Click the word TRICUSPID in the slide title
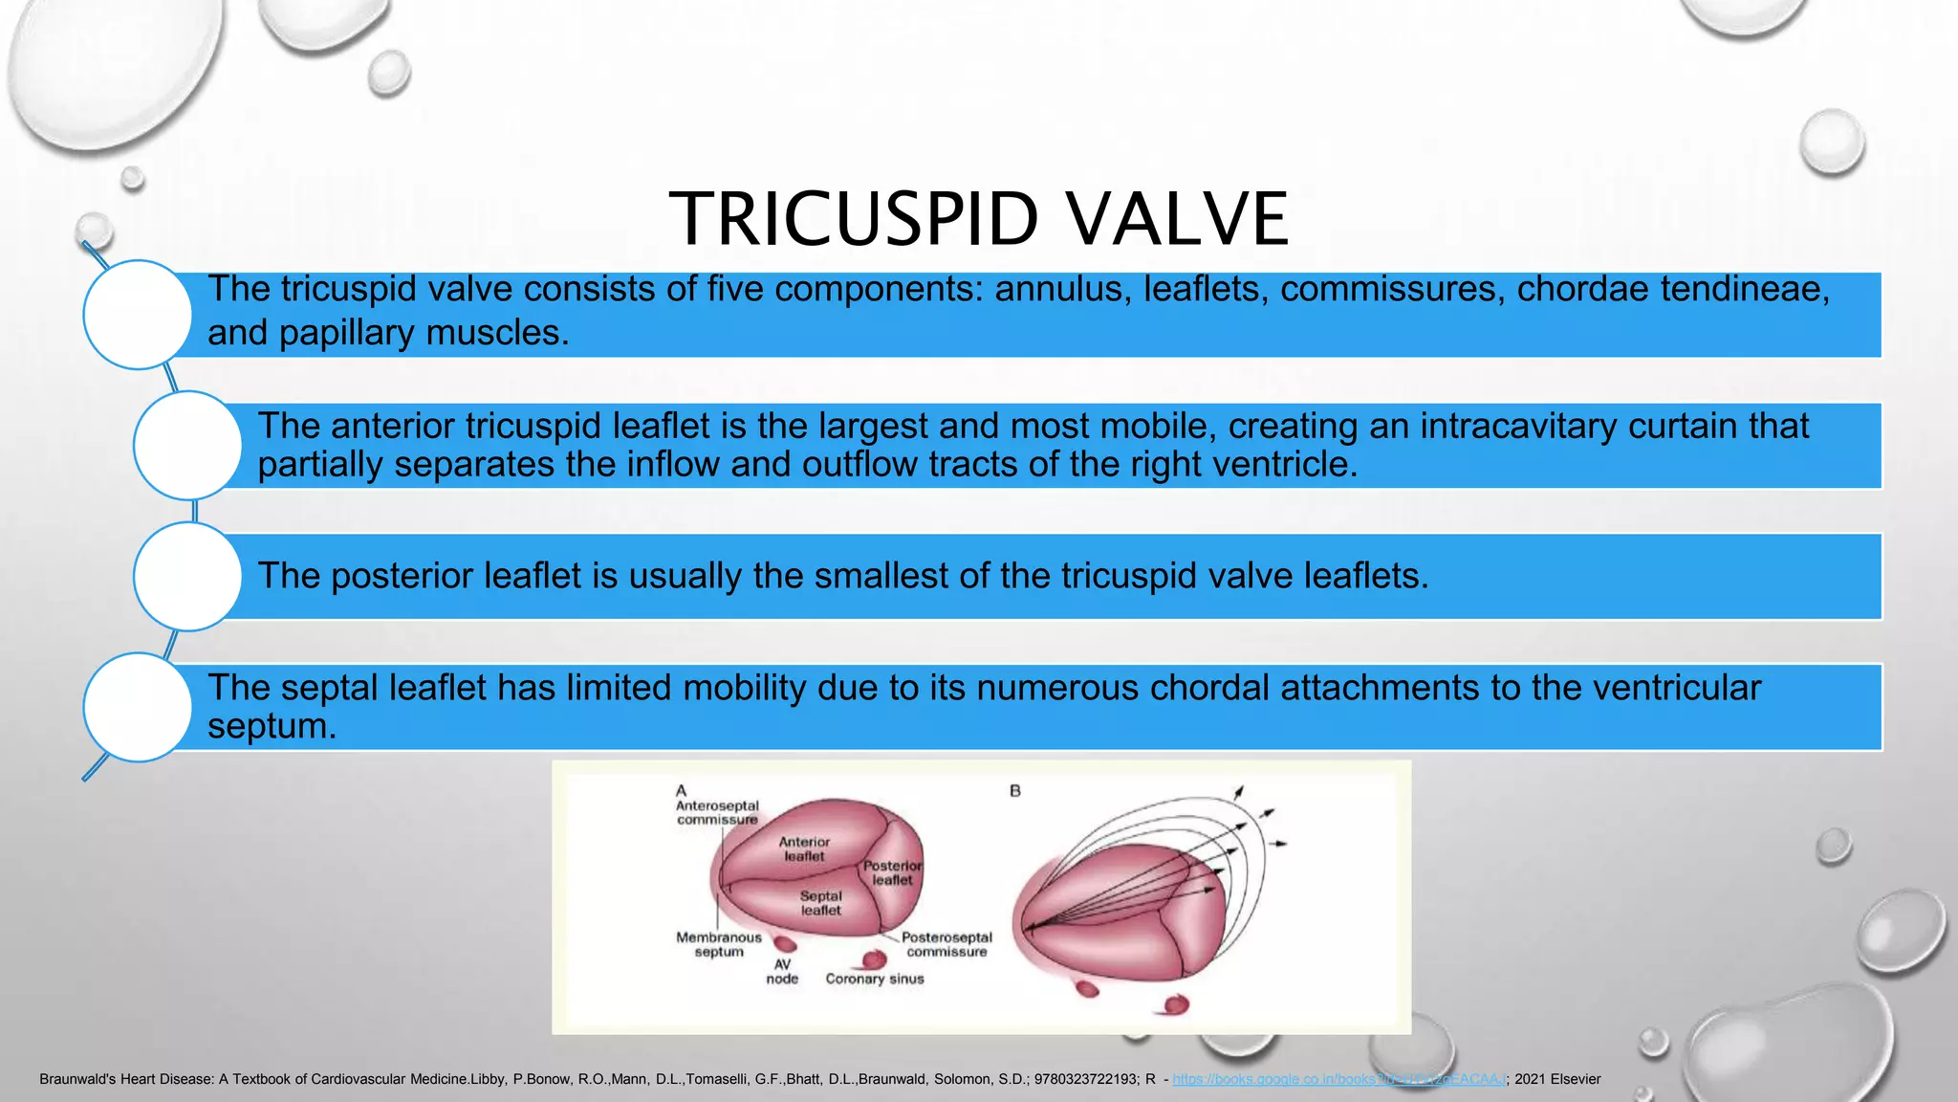click(853, 219)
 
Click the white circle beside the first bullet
click(138, 315)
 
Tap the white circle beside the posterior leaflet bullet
click(187, 576)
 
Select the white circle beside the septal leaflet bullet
click(138, 707)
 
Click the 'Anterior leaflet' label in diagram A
click(804, 849)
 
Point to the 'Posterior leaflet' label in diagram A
click(892, 872)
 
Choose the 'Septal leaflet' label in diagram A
click(820, 903)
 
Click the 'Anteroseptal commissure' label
click(717, 812)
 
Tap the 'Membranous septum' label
click(719, 944)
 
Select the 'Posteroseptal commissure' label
click(946, 944)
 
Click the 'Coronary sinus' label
click(875, 979)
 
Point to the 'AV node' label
click(782, 972)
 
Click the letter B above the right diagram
click(1015, 791)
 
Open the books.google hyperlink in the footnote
click(1338, 1079)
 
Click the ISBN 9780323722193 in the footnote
click(1086, 1079)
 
